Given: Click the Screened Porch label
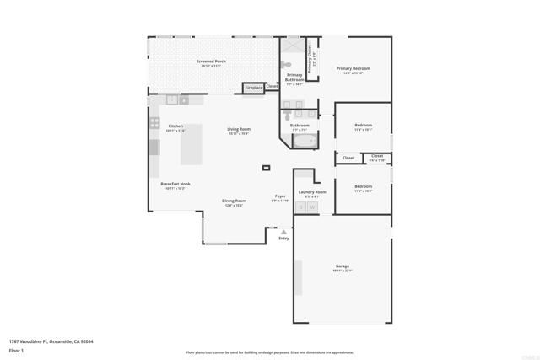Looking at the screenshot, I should pyautogui.click(x=210, y=62).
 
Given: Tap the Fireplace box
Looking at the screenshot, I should pyautogui.click(x=253, y=87).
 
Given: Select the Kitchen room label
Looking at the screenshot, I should pyautogui.click(x=175, y=126).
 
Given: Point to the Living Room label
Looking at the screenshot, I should pyautogui.click(x=239, y=130).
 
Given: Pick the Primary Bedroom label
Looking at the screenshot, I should pyautogui.click(x=354, y=69).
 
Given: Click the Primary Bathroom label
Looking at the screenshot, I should pyautogui.click(x=294, y=79).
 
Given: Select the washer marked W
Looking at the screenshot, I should pyautogui.click(x=311, y=207).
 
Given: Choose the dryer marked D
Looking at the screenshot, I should pyautogui.click(x=300, y=207).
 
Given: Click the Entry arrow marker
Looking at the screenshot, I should pyautogui.click(x=283, y=231).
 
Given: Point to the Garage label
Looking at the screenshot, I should pyautogui.click(x=342, y=267).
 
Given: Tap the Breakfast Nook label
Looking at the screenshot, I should pyautogui.click(x=175, y=185).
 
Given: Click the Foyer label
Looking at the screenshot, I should pyautogui.click(x=280, y=197).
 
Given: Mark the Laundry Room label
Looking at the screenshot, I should pyautogui.click(x=305, y=192).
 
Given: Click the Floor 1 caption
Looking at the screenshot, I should pyautogui.click(x=16, y=350).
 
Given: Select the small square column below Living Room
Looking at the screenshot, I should pyautogui.click(x=267, y=168).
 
